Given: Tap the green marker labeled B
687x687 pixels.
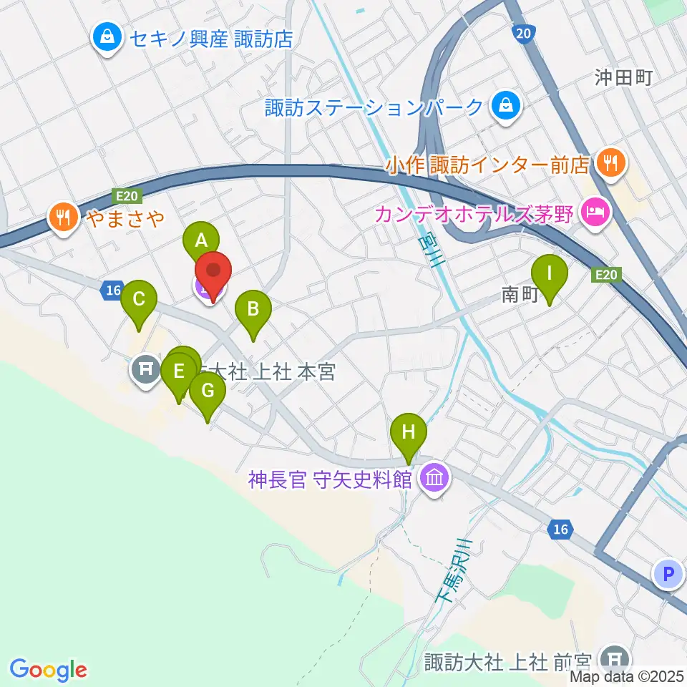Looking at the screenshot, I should [253, 309].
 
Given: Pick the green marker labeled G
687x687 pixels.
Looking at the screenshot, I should [208, 391].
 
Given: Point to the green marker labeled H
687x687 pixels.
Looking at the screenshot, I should [409, 432].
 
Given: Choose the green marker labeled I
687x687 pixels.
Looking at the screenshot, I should [550, 273].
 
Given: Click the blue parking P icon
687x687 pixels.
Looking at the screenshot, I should [668, 573].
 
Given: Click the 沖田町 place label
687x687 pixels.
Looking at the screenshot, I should [623, 77].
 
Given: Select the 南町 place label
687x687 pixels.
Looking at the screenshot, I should [518, 294].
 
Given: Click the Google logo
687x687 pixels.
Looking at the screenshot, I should [49, 670].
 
